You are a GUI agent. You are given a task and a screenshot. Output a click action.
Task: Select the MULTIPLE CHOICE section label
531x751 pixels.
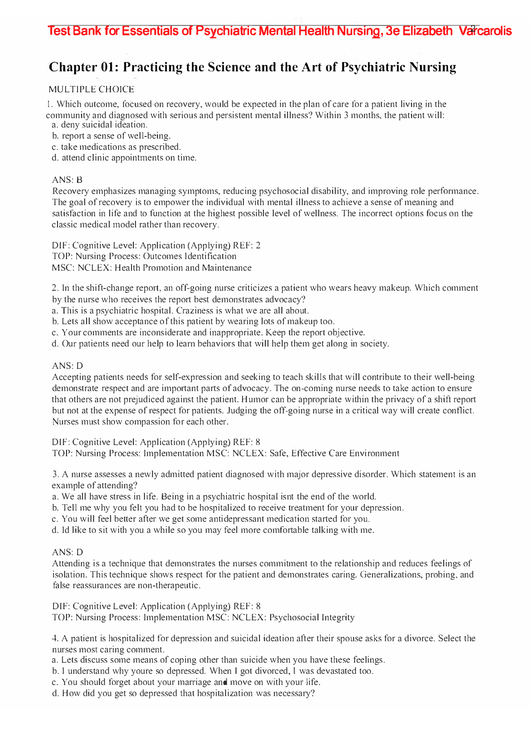[91, 90]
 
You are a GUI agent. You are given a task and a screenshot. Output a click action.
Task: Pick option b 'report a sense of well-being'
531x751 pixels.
[111, 136]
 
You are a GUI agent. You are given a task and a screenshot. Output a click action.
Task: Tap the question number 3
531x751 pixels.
[54, 474]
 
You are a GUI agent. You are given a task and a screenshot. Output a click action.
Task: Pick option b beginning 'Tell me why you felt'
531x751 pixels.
[228, 508]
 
